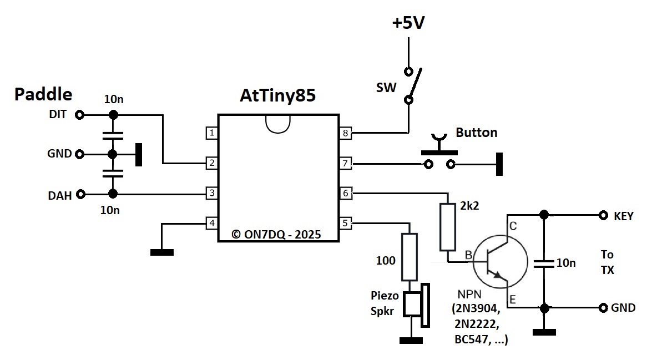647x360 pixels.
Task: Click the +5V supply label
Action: [x=408, y=23]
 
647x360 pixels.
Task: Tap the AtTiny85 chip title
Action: [x=277, y=95]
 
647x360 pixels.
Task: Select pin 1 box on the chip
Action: [x=211, y=133]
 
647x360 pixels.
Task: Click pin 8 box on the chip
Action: [x=345, y=133]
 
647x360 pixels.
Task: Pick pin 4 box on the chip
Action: [x=211, y=223]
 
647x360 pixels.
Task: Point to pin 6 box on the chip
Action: [x=345, y=193]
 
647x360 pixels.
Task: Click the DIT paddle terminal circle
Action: [x=80, y=115]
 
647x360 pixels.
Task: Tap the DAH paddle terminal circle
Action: [x=81, y=194]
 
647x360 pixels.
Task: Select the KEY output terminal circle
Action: [x=603, y=215]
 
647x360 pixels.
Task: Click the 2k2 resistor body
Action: [x=448, y=227]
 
